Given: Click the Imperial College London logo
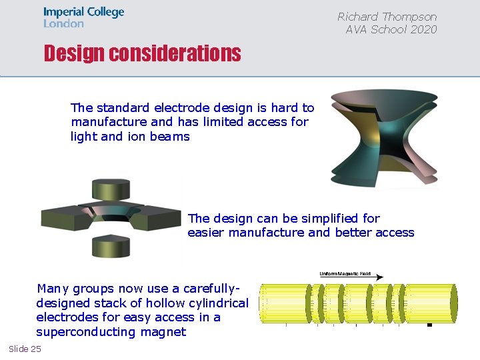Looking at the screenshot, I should click(x=83, y=17).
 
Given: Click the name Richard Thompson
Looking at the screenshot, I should click(x=387, y=17).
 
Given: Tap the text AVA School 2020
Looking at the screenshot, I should click(x=391, y=29).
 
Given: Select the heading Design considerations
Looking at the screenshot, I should click(x=142, y=53).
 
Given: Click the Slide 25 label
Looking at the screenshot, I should click(x=25, y=349).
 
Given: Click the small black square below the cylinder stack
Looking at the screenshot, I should click(x=429, y=325).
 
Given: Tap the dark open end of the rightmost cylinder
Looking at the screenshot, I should click(x=453, y=303).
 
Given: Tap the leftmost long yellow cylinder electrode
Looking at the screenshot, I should click(x=283, y=303).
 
